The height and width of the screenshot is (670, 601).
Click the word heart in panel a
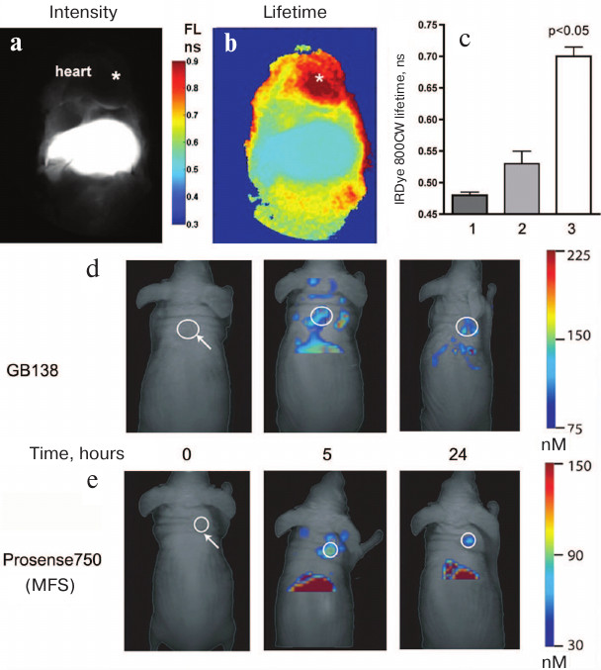(x=74, y=71)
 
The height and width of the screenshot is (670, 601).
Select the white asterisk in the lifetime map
(x=319, y=77)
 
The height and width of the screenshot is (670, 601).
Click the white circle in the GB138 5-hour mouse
(x=320, y=317)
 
